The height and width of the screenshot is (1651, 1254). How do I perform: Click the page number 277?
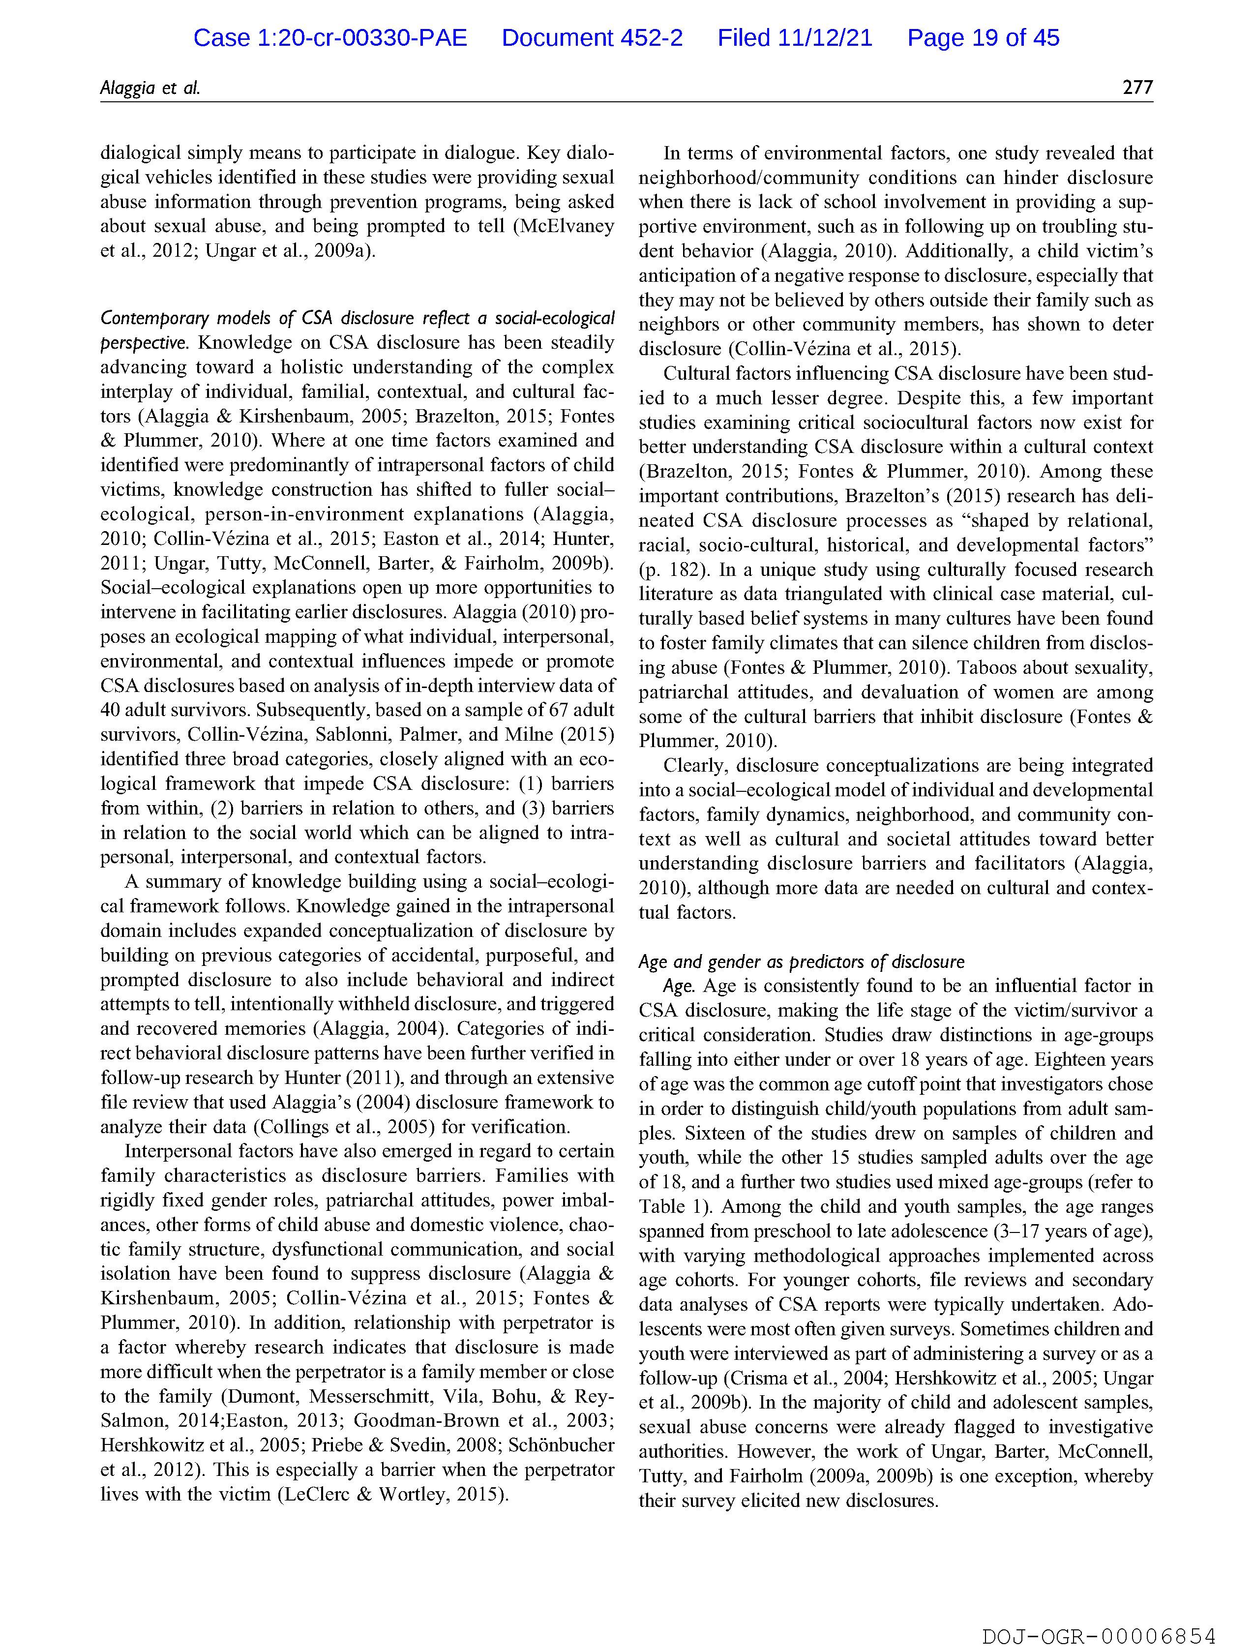click(1137, 88)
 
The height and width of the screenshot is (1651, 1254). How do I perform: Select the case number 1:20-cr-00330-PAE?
click(330, 38)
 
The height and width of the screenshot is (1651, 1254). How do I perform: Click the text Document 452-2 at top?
click(592, 38)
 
